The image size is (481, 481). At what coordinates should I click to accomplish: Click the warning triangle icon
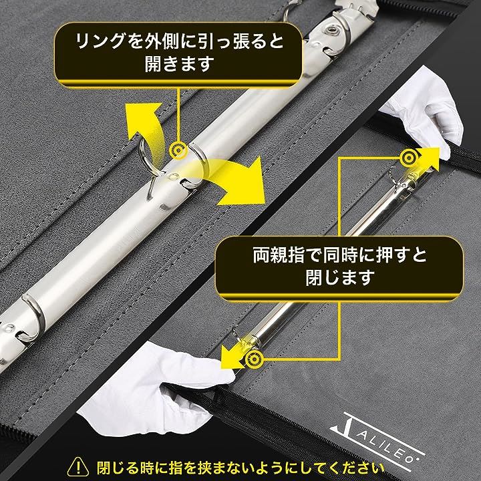78,466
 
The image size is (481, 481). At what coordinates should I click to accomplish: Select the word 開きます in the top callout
179,64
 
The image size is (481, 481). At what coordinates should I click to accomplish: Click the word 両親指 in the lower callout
279,255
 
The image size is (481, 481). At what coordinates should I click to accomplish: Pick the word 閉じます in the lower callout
340,277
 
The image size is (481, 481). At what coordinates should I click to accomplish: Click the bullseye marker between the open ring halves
178,150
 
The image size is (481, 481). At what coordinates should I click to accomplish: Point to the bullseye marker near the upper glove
409,158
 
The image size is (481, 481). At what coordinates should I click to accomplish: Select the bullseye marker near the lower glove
255,359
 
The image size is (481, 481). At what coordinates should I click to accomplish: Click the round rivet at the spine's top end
331,30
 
